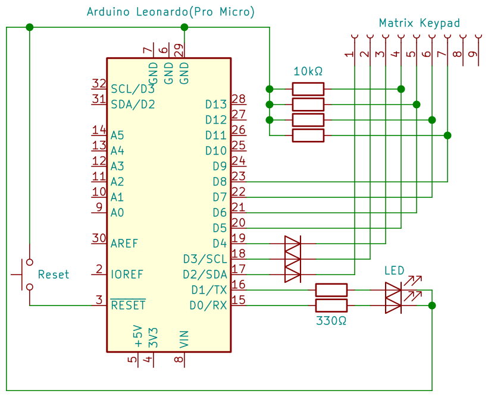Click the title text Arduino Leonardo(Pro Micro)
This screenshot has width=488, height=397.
pos(170,12)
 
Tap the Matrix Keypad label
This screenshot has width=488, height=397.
pos(419,23)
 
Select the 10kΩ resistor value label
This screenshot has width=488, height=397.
pos(308,71)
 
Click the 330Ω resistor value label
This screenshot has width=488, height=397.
pos(331,321)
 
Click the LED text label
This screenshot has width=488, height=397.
pos(394,271)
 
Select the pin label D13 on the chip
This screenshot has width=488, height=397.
pos(216,105)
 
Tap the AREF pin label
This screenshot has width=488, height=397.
pos(124,243)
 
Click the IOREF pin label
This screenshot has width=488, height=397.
pos(127,275)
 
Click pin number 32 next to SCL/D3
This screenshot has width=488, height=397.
pos(99,84)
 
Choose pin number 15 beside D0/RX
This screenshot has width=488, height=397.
pos(239,300)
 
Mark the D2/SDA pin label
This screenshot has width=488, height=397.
pos(205,275)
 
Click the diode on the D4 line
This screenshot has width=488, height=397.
pos(293,244)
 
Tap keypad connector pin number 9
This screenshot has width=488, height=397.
pos(472,55)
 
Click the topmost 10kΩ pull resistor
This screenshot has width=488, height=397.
pos(308,89)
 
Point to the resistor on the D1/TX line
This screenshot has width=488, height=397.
pos(331,290)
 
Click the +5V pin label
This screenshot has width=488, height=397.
pos(139,337)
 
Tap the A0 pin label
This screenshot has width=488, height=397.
pos(117,212)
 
